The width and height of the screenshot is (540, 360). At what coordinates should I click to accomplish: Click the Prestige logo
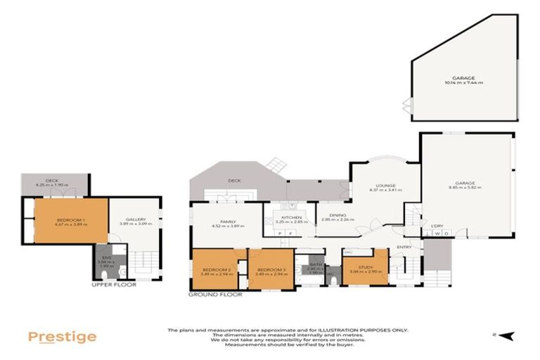point(63,337)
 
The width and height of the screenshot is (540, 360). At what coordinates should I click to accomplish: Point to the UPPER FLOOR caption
point(114,285)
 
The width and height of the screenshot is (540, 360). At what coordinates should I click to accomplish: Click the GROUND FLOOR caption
point(215,295)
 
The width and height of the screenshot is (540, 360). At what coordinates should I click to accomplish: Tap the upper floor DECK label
point(51,180)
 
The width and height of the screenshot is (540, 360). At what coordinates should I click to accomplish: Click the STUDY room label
point(365,267)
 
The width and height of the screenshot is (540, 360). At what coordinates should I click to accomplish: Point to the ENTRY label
point(404,247)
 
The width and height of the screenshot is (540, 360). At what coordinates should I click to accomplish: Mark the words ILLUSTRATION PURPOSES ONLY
point(366,329)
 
